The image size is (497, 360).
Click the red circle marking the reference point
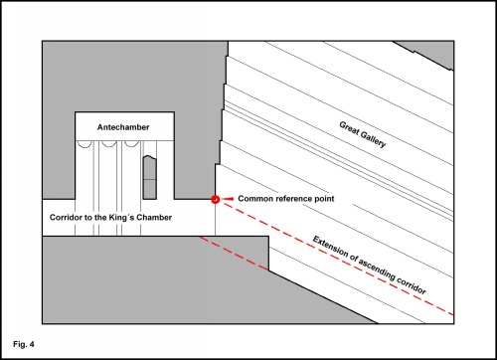tap(216, 199)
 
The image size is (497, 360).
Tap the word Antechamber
tap(123, 127)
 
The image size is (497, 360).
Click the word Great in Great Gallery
tap(349, 128)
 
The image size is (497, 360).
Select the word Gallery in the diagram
tap(374, 139)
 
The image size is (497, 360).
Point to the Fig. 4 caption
tap(24, 344)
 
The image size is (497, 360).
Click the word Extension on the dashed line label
tap(331, 247)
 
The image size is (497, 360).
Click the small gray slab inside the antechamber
tap(149, 177)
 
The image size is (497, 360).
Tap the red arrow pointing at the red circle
tap(228, 199)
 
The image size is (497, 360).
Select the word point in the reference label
tap(325, 199)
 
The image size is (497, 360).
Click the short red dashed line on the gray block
tap(234, 254)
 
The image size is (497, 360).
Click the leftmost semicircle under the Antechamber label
tap(83, 144)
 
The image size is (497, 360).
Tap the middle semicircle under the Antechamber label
tap(108, 144)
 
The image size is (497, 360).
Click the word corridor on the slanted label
tap(411, 285)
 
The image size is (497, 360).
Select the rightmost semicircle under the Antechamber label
tap(131, 143)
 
